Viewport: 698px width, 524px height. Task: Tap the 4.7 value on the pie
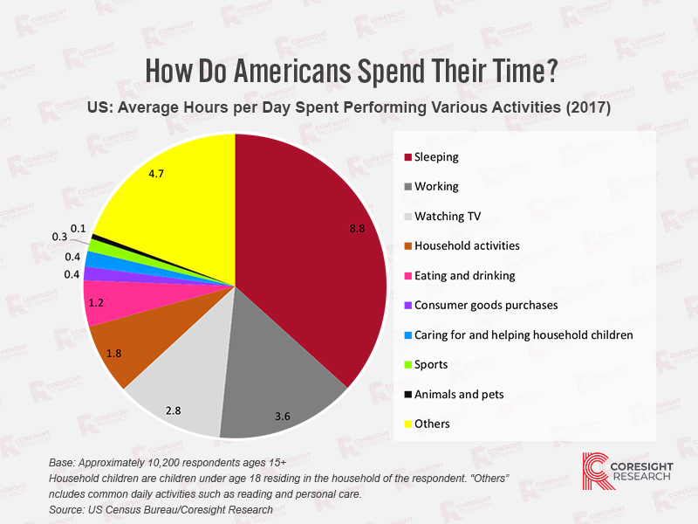(x=157, y=174)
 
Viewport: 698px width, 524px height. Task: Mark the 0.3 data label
(x=60, y=237)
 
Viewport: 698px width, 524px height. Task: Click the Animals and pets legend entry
(x=458, y=394)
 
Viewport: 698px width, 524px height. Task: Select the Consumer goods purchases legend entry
(x=485, y=305)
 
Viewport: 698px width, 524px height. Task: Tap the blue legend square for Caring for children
(x=406, y=334)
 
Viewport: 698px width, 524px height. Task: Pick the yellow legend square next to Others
(x=406, y=424)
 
